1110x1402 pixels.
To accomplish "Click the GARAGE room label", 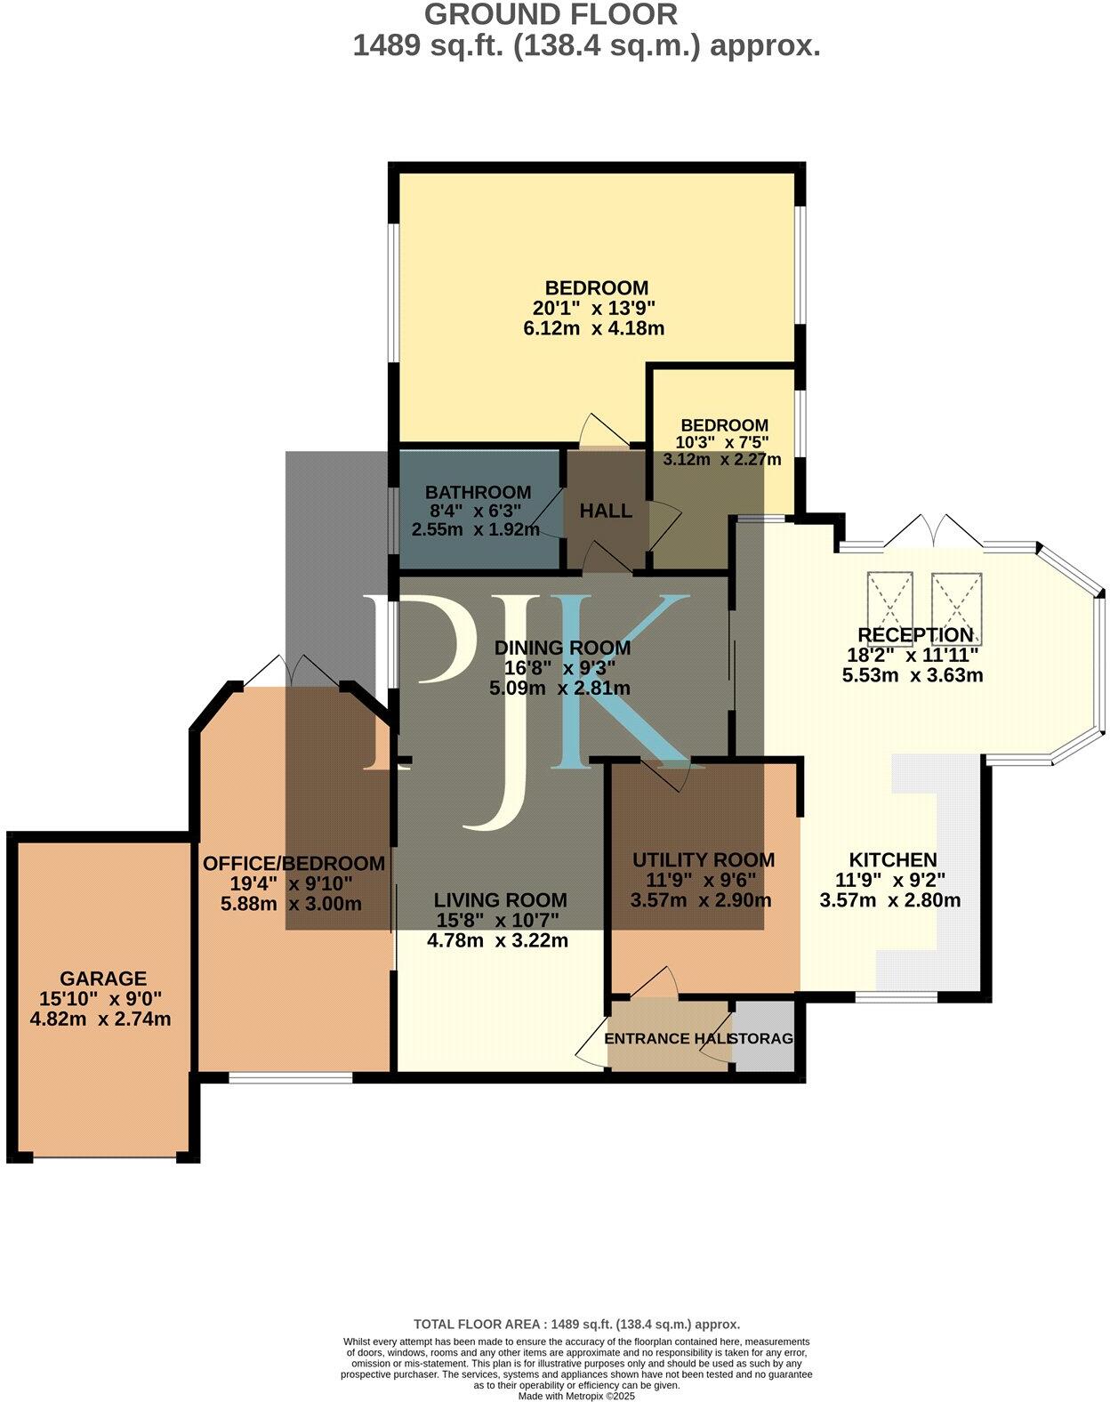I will (103, 979).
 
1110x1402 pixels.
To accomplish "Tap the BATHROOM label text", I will (478, 492).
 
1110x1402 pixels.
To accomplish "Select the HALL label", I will (606, 511).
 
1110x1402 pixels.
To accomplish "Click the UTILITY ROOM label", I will (703, 859).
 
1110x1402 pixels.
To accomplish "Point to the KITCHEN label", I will (892, 859).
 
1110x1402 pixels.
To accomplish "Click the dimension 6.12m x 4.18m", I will (595, 327).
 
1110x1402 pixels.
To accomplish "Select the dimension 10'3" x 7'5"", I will (722, 442).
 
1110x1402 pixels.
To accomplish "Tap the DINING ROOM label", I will (562, 648).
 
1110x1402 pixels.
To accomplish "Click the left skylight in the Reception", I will (891, 600).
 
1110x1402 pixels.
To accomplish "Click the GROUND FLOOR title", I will (551, 14).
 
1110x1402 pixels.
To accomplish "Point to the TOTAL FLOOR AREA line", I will (576, 1324).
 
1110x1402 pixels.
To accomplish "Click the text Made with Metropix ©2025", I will (576, 1396).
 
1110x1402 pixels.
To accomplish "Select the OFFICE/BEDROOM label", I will (294, 863).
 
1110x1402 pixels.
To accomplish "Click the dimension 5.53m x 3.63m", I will (912, 674).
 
